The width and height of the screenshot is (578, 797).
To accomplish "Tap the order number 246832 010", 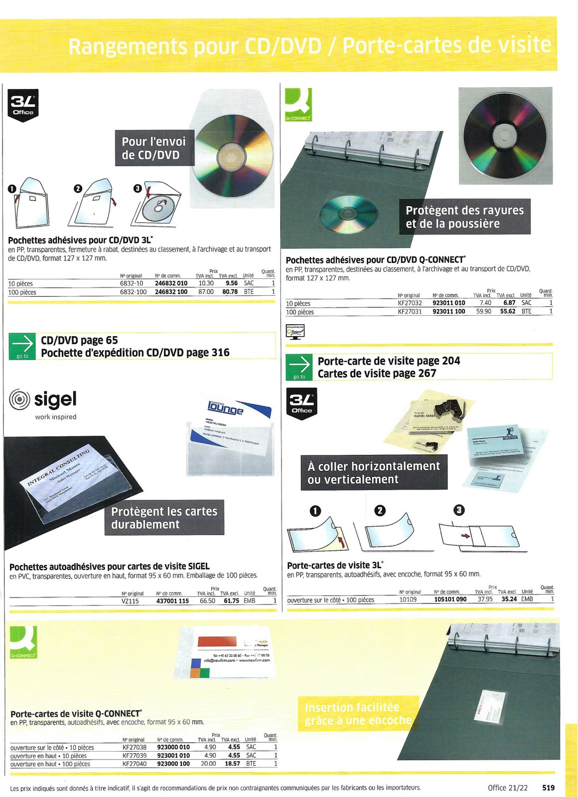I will (x=171, y=283).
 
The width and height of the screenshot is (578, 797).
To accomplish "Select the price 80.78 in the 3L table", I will (x=230, y=292).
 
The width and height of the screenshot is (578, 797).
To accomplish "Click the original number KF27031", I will (x=410, y=312).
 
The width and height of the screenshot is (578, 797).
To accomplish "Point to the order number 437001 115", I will (x=172, y=601).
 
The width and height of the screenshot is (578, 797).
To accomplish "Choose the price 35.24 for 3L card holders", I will (x=509, y=599).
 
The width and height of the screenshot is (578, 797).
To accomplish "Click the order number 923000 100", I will (x=173, y=764).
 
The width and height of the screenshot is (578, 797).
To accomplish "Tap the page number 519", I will (x=548, y=788).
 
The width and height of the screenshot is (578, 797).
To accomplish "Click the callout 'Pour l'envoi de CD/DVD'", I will (x=153, y=148).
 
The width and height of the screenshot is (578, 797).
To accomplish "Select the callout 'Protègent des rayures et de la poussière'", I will (x=464, y=217).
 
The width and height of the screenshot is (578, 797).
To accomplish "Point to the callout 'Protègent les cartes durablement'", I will (x=164, y=518).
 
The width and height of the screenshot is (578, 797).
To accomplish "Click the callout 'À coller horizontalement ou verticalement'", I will (x=374, y=472).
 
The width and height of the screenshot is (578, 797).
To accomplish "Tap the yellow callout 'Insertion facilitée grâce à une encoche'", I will (x=358, y=714).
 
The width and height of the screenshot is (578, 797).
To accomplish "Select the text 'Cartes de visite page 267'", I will (x=377, y=374).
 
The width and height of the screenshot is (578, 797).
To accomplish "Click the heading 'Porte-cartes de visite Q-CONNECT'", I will (x=76, y=714).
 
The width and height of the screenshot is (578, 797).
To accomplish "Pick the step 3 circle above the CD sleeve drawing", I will (x=138, y=188).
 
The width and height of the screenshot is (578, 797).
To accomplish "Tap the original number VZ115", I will (x=130, y=601).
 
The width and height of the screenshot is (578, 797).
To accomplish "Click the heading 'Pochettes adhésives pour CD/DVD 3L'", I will (x=80, y=240).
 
